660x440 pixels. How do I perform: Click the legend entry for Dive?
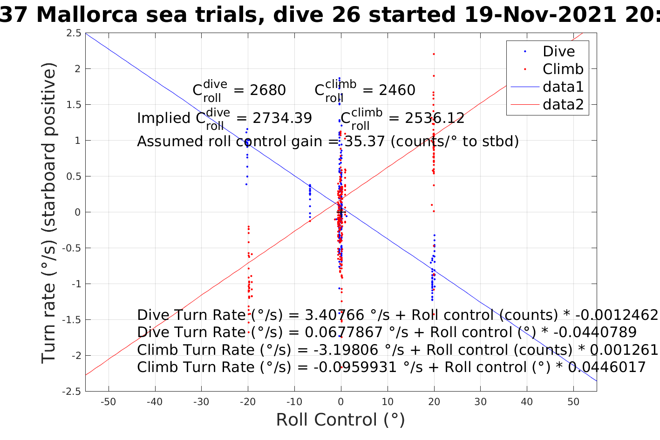click(x=558, y=51)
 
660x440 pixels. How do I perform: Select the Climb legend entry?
click(x=563, y=69)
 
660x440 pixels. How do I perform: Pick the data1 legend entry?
click(x=563, y=87)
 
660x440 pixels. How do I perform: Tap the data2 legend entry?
click(x=563, y=104)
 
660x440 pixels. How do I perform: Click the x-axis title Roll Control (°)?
click(x=340, y=420)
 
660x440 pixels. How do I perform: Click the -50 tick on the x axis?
click(x=108, y=402)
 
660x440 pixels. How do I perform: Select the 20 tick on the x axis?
click(x=434, y=402)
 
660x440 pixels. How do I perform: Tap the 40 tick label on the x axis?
click(x=527, y=402)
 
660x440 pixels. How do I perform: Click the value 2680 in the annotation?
click(x=268, y=90)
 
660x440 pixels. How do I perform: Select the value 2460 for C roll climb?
click(x=397, y=90)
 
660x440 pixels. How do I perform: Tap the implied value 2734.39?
click(x=282, y=118)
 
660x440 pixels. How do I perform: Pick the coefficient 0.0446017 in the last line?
click(x=607, y=367)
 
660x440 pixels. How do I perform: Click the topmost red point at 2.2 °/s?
click(x=434, y=54)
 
